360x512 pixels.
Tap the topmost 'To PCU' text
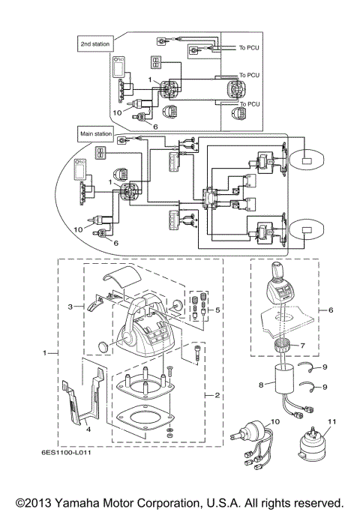(x=249, y=47)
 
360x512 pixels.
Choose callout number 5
(x=217, y=308)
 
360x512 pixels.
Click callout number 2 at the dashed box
(x=217, y=394)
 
